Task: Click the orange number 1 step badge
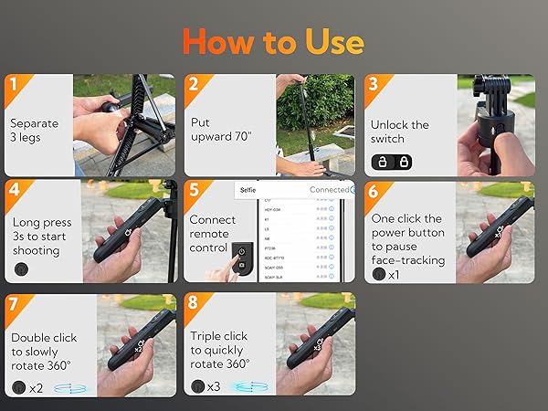(12, 86)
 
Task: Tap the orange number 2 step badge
(193, 86)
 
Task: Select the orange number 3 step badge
(373, 86)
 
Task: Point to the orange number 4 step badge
(12, 193)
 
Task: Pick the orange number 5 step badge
(193, 193)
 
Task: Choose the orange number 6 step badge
(373, 193)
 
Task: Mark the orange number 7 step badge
(12, 304)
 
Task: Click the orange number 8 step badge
(193, 304)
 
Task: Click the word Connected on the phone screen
(330, 190)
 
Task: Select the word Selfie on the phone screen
(248, 190)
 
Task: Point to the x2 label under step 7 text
(37, 387)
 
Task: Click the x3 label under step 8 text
(214, 387)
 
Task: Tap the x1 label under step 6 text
(394, 274)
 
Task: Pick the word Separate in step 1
(35, 122)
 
